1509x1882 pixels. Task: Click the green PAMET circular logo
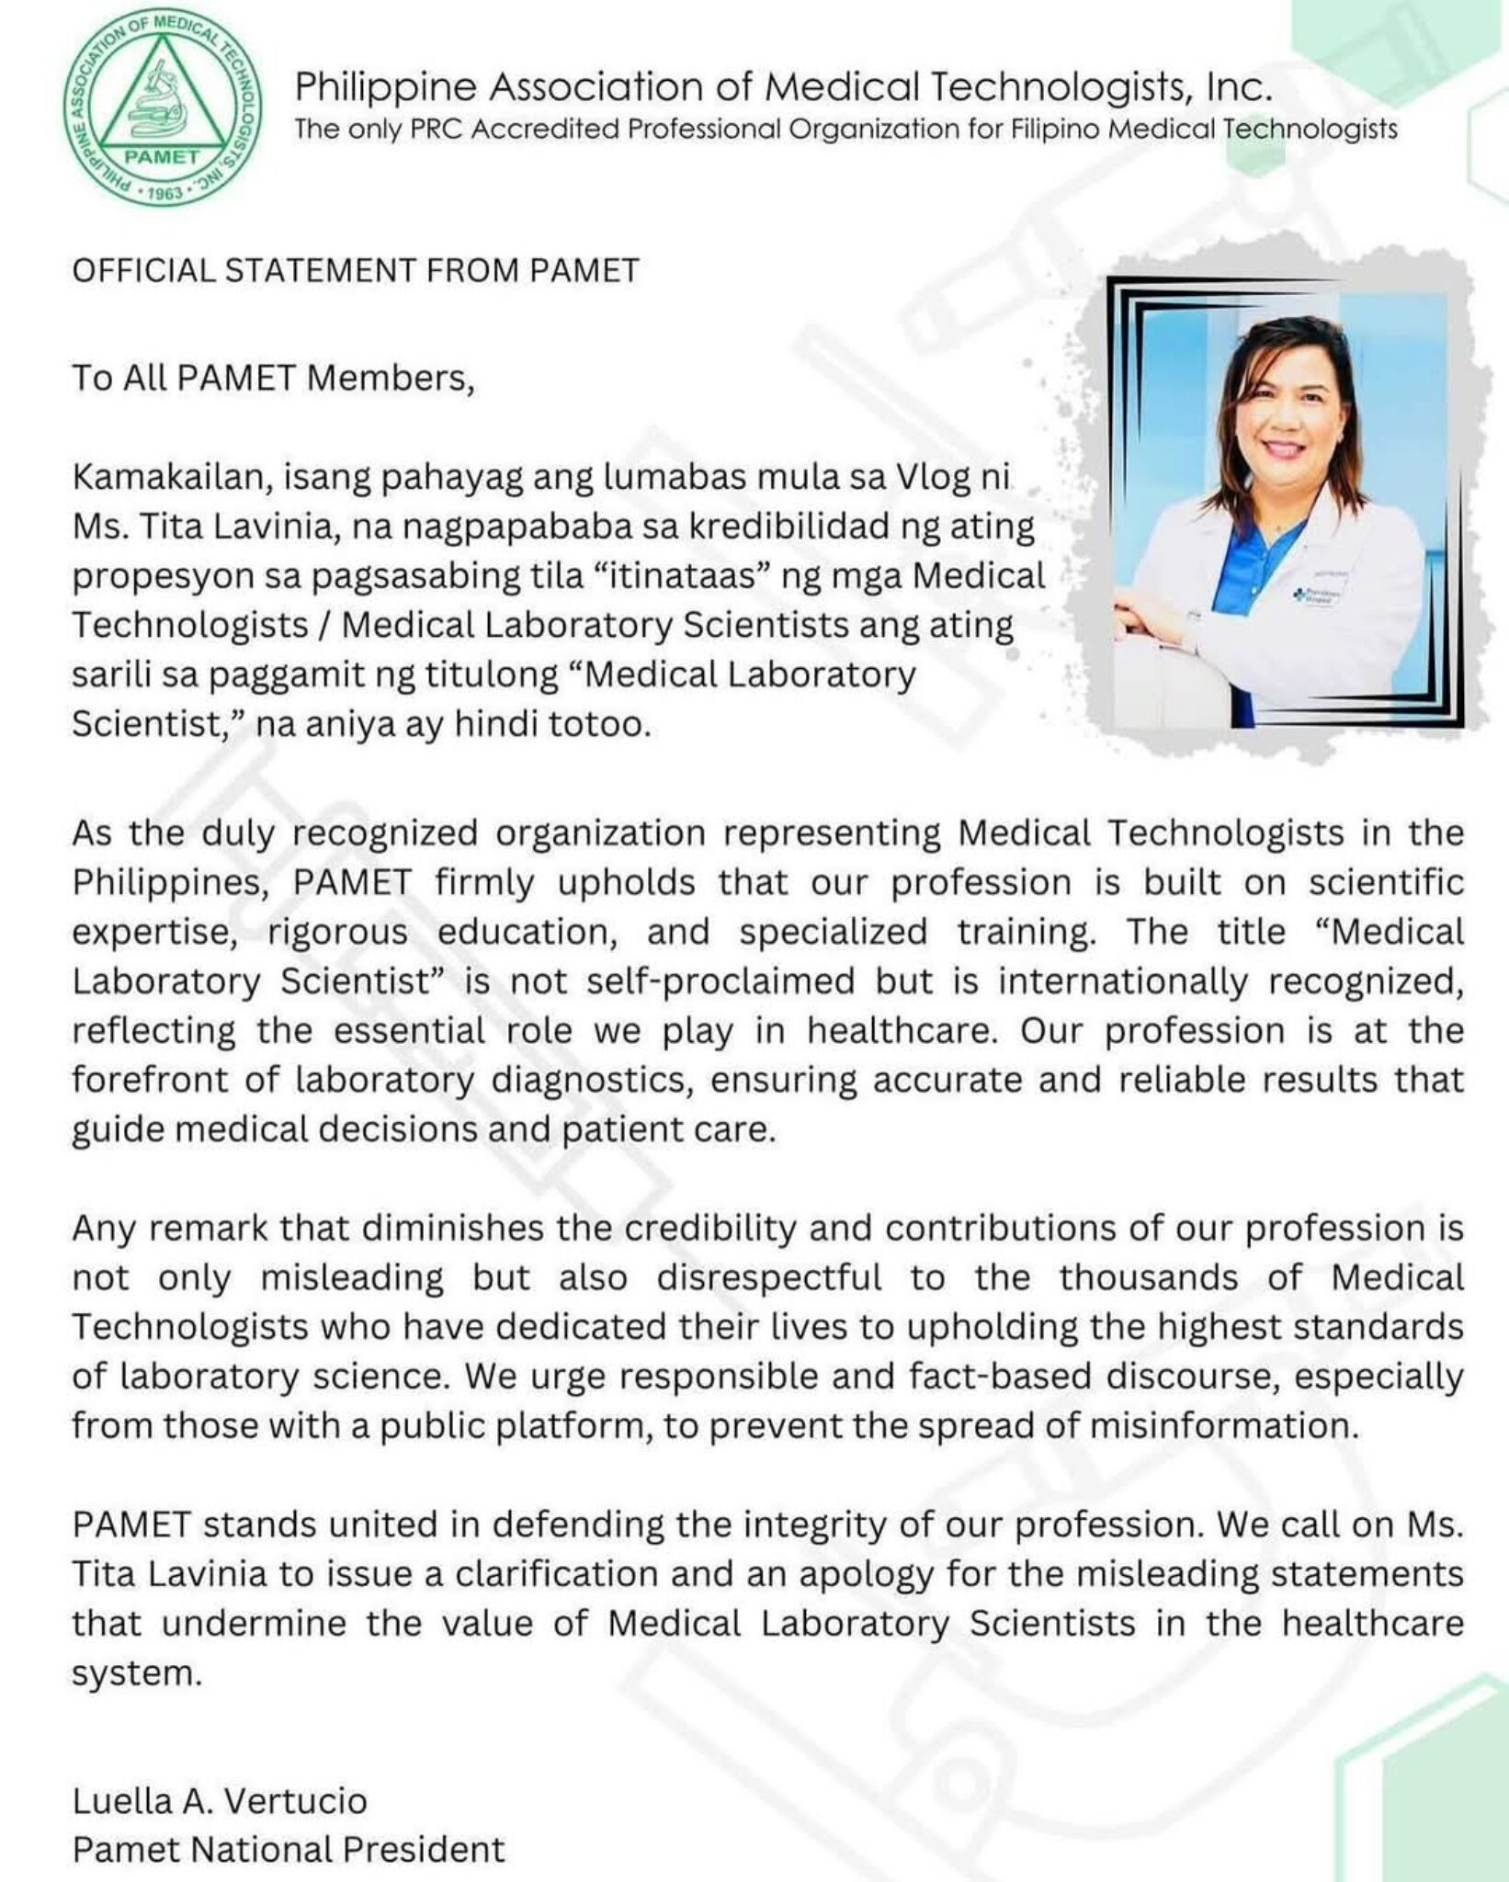163,112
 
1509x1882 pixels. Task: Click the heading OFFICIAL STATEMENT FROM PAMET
356,271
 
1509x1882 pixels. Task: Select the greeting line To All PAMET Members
273,378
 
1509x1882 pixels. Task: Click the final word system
136,1673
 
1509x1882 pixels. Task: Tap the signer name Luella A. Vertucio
220,1800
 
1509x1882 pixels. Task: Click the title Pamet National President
289,1849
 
